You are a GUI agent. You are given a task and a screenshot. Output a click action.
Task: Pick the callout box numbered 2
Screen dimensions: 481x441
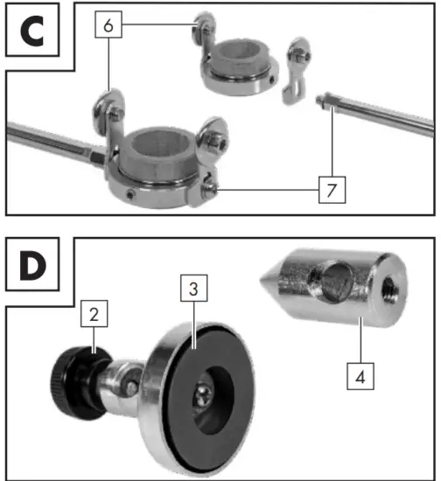pyautogui.click(x=94, y=313)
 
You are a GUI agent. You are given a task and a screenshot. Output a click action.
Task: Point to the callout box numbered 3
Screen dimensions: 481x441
pyautogui.click(x=193, y=287)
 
